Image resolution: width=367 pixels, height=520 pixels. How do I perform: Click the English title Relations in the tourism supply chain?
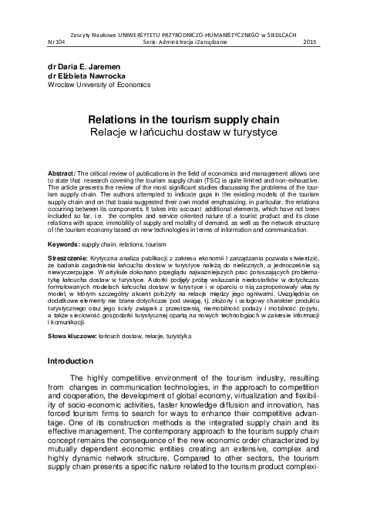183,121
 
